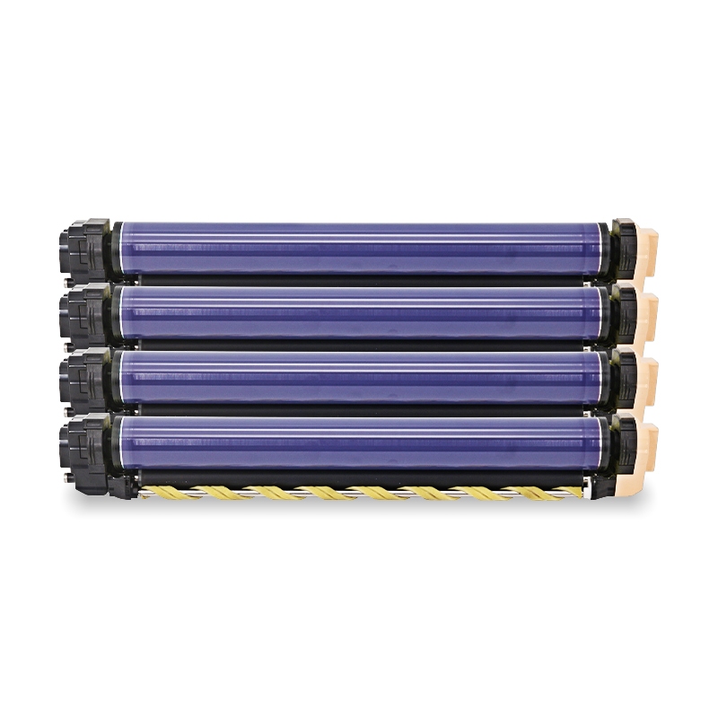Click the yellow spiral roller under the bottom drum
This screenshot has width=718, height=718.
click(x=359, y=493)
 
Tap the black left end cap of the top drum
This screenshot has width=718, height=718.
click(x=85, y=246)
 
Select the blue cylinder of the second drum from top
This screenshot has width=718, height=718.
click(x=359, y=312)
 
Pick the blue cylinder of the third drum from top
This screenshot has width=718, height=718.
click(x=359, y=377)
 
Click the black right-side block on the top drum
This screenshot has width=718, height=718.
click(x=624, y=246)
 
